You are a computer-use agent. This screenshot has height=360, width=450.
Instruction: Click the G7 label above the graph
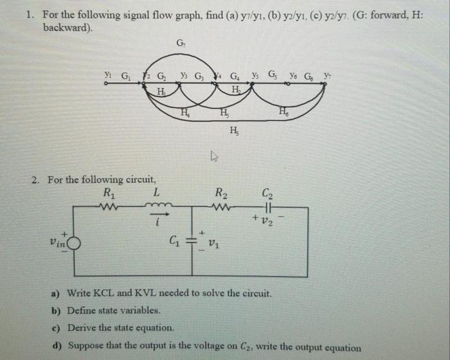(181, 44)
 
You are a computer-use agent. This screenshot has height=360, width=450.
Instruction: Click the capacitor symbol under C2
(267, 206)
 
